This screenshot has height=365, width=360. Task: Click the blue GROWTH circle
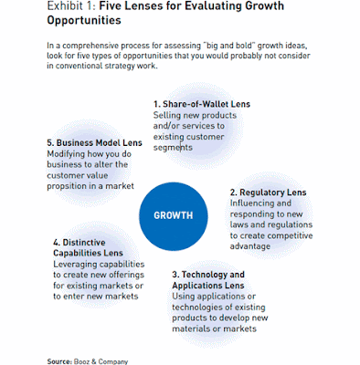174,216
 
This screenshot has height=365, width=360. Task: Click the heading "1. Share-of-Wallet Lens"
202,104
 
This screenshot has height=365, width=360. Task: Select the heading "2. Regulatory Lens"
268,193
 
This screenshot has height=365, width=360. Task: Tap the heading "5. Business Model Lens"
94,143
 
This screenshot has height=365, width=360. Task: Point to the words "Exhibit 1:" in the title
71,5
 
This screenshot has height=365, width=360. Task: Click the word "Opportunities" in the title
84,20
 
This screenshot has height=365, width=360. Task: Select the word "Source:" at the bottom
59,361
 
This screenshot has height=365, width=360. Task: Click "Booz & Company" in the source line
101,361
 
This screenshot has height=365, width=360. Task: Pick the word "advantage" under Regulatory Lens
250,246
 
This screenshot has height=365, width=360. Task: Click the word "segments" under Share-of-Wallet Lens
173,148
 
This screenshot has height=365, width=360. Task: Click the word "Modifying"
66,154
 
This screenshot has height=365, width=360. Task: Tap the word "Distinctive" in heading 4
84,243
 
